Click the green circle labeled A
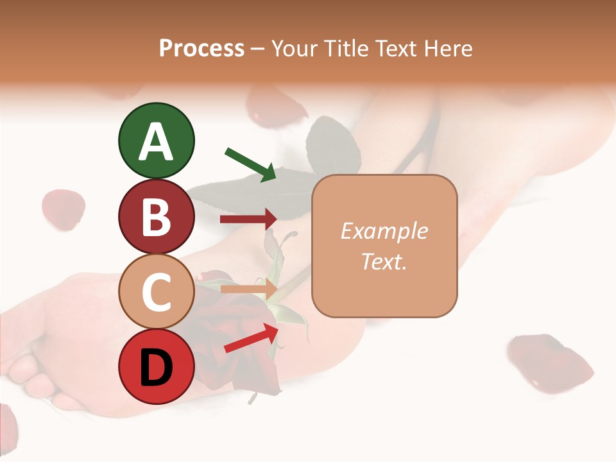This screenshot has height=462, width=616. point(156,141)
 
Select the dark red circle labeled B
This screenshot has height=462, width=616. point(156,216)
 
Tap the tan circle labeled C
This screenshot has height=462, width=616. point(156,292)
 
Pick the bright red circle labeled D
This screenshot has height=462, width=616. point(156,367)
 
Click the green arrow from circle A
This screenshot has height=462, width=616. point(250,164)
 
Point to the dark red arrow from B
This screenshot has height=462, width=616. point(248,219)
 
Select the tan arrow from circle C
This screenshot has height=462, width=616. point(248,289)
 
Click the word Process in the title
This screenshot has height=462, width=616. point(201,48)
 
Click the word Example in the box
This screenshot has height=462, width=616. point(384,231)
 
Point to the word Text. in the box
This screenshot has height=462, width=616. point(384,261)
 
